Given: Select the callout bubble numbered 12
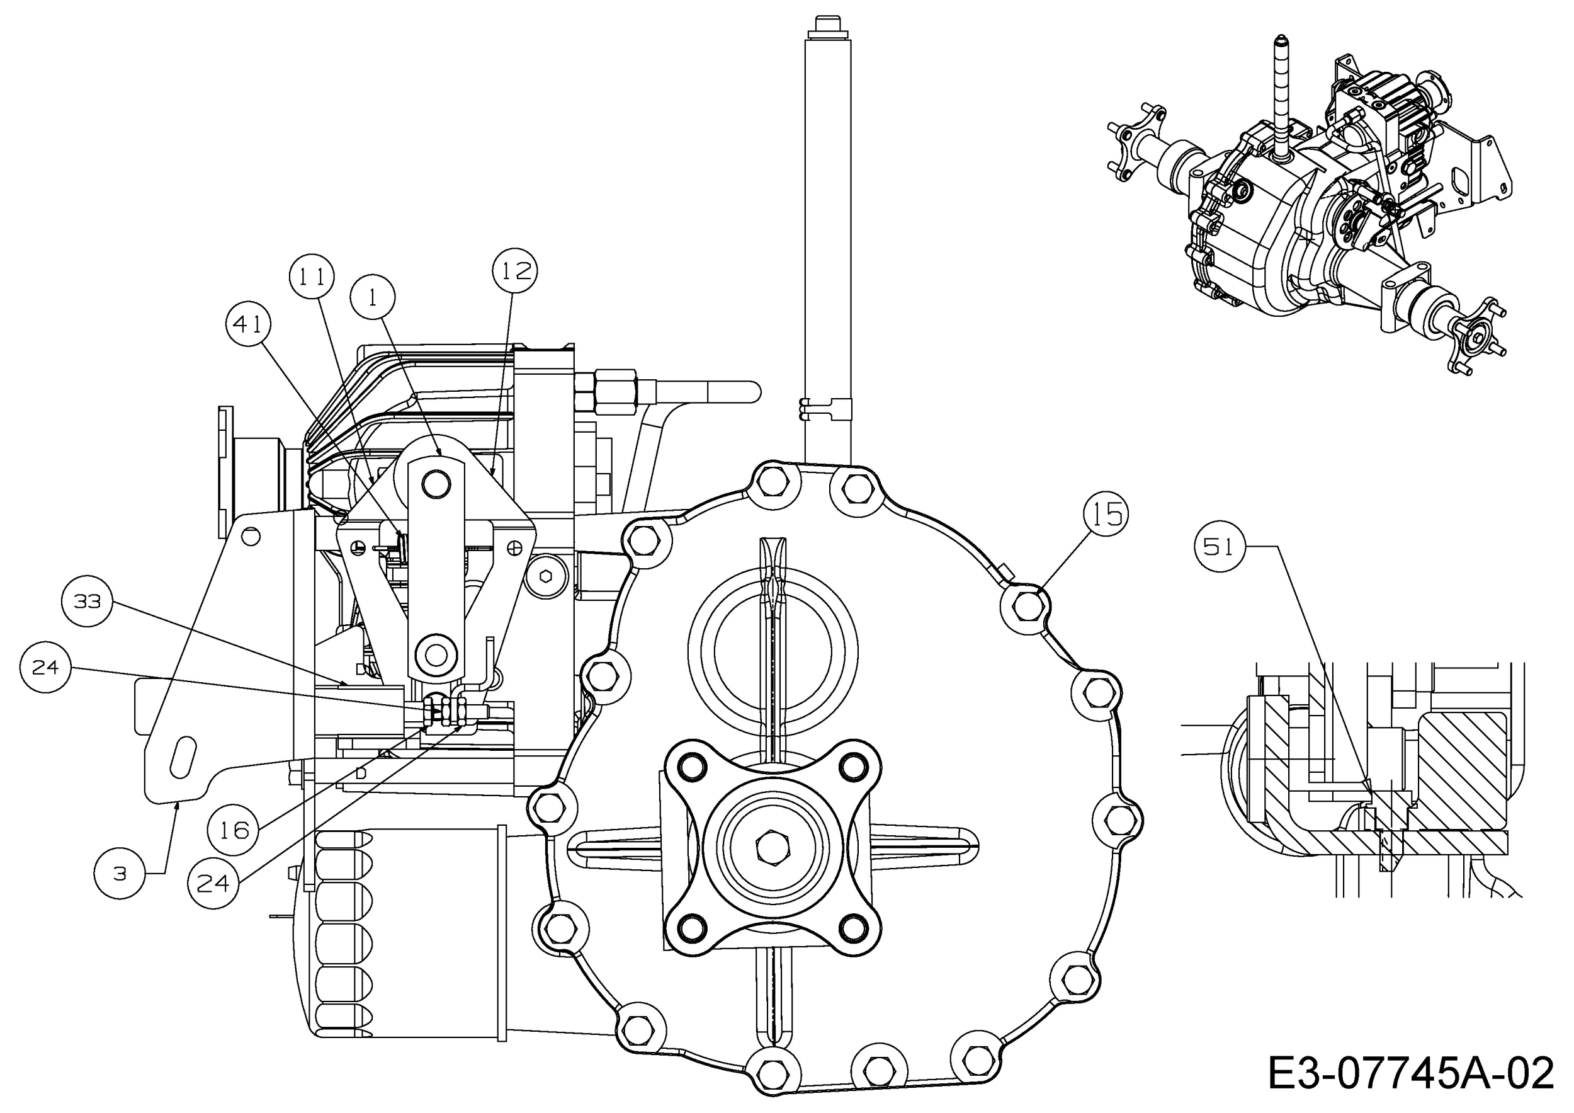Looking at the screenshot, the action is (x=515, y=270).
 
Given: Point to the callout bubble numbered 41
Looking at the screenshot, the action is (x=248, y=324).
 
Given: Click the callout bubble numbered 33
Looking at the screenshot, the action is (x=87, y=602).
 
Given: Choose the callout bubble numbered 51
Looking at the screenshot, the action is (x=1219, y=547).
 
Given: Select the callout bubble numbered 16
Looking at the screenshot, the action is (x=234, y=830).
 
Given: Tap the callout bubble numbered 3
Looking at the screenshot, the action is (x=120, y=873).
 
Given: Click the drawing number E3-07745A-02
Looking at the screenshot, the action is (x=1410, y=1073).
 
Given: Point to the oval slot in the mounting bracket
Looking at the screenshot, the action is (x=184, y=757).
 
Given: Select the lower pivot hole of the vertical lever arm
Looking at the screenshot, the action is (x=436, y=655).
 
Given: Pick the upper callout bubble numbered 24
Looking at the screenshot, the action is (x=45, y=667).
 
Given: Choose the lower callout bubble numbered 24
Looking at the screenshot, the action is (x=213, y=882).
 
